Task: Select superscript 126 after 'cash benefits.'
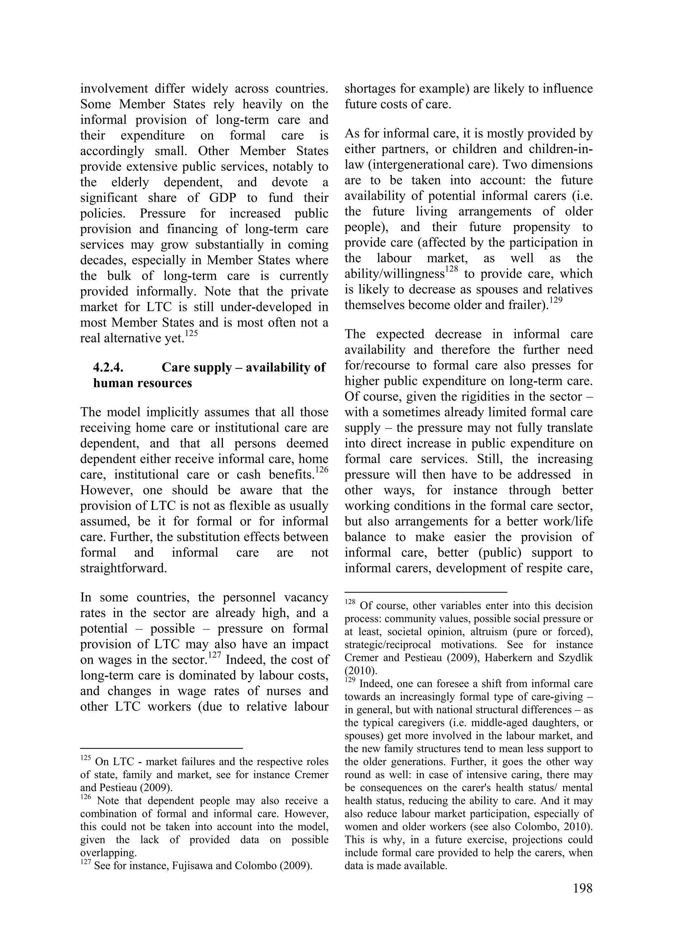pyautogui.click(x=322, y=470)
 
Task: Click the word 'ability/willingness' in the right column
pyautogui.click(x=394, y=274)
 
